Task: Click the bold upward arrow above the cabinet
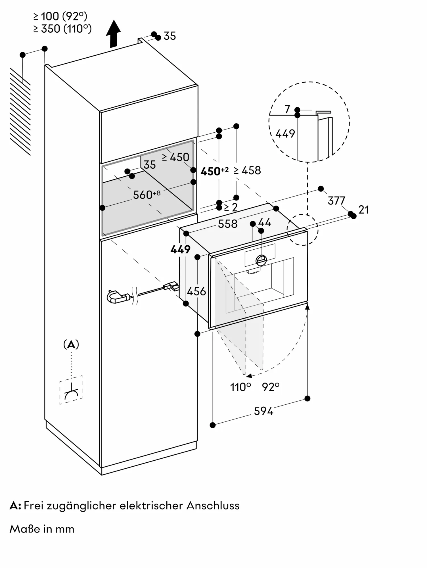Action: tap(113, 34)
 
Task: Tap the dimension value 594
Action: tap(263, 411)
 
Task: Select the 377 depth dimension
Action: tap(336, 201)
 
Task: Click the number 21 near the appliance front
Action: tap(364, 210)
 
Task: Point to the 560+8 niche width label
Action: tap(146, 195)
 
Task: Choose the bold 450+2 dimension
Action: tap(214, 171)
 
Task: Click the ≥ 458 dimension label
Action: tap(247, 170)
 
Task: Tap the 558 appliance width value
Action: tap(228, 224)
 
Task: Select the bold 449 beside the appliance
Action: tap(180, 249)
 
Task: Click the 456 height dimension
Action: tap(196, 291)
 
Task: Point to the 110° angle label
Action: tap(240, 387)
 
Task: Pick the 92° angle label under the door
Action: tap(271, 387)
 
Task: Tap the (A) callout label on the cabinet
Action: tap(71, 345)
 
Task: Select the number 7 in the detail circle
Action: tap(287, 109)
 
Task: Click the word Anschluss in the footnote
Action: tap(213, 506)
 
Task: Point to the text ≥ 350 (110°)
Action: tap(62, 29)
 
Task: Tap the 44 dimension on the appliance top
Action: tap(265, 222)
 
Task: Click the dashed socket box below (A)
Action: tap(71, 390)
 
